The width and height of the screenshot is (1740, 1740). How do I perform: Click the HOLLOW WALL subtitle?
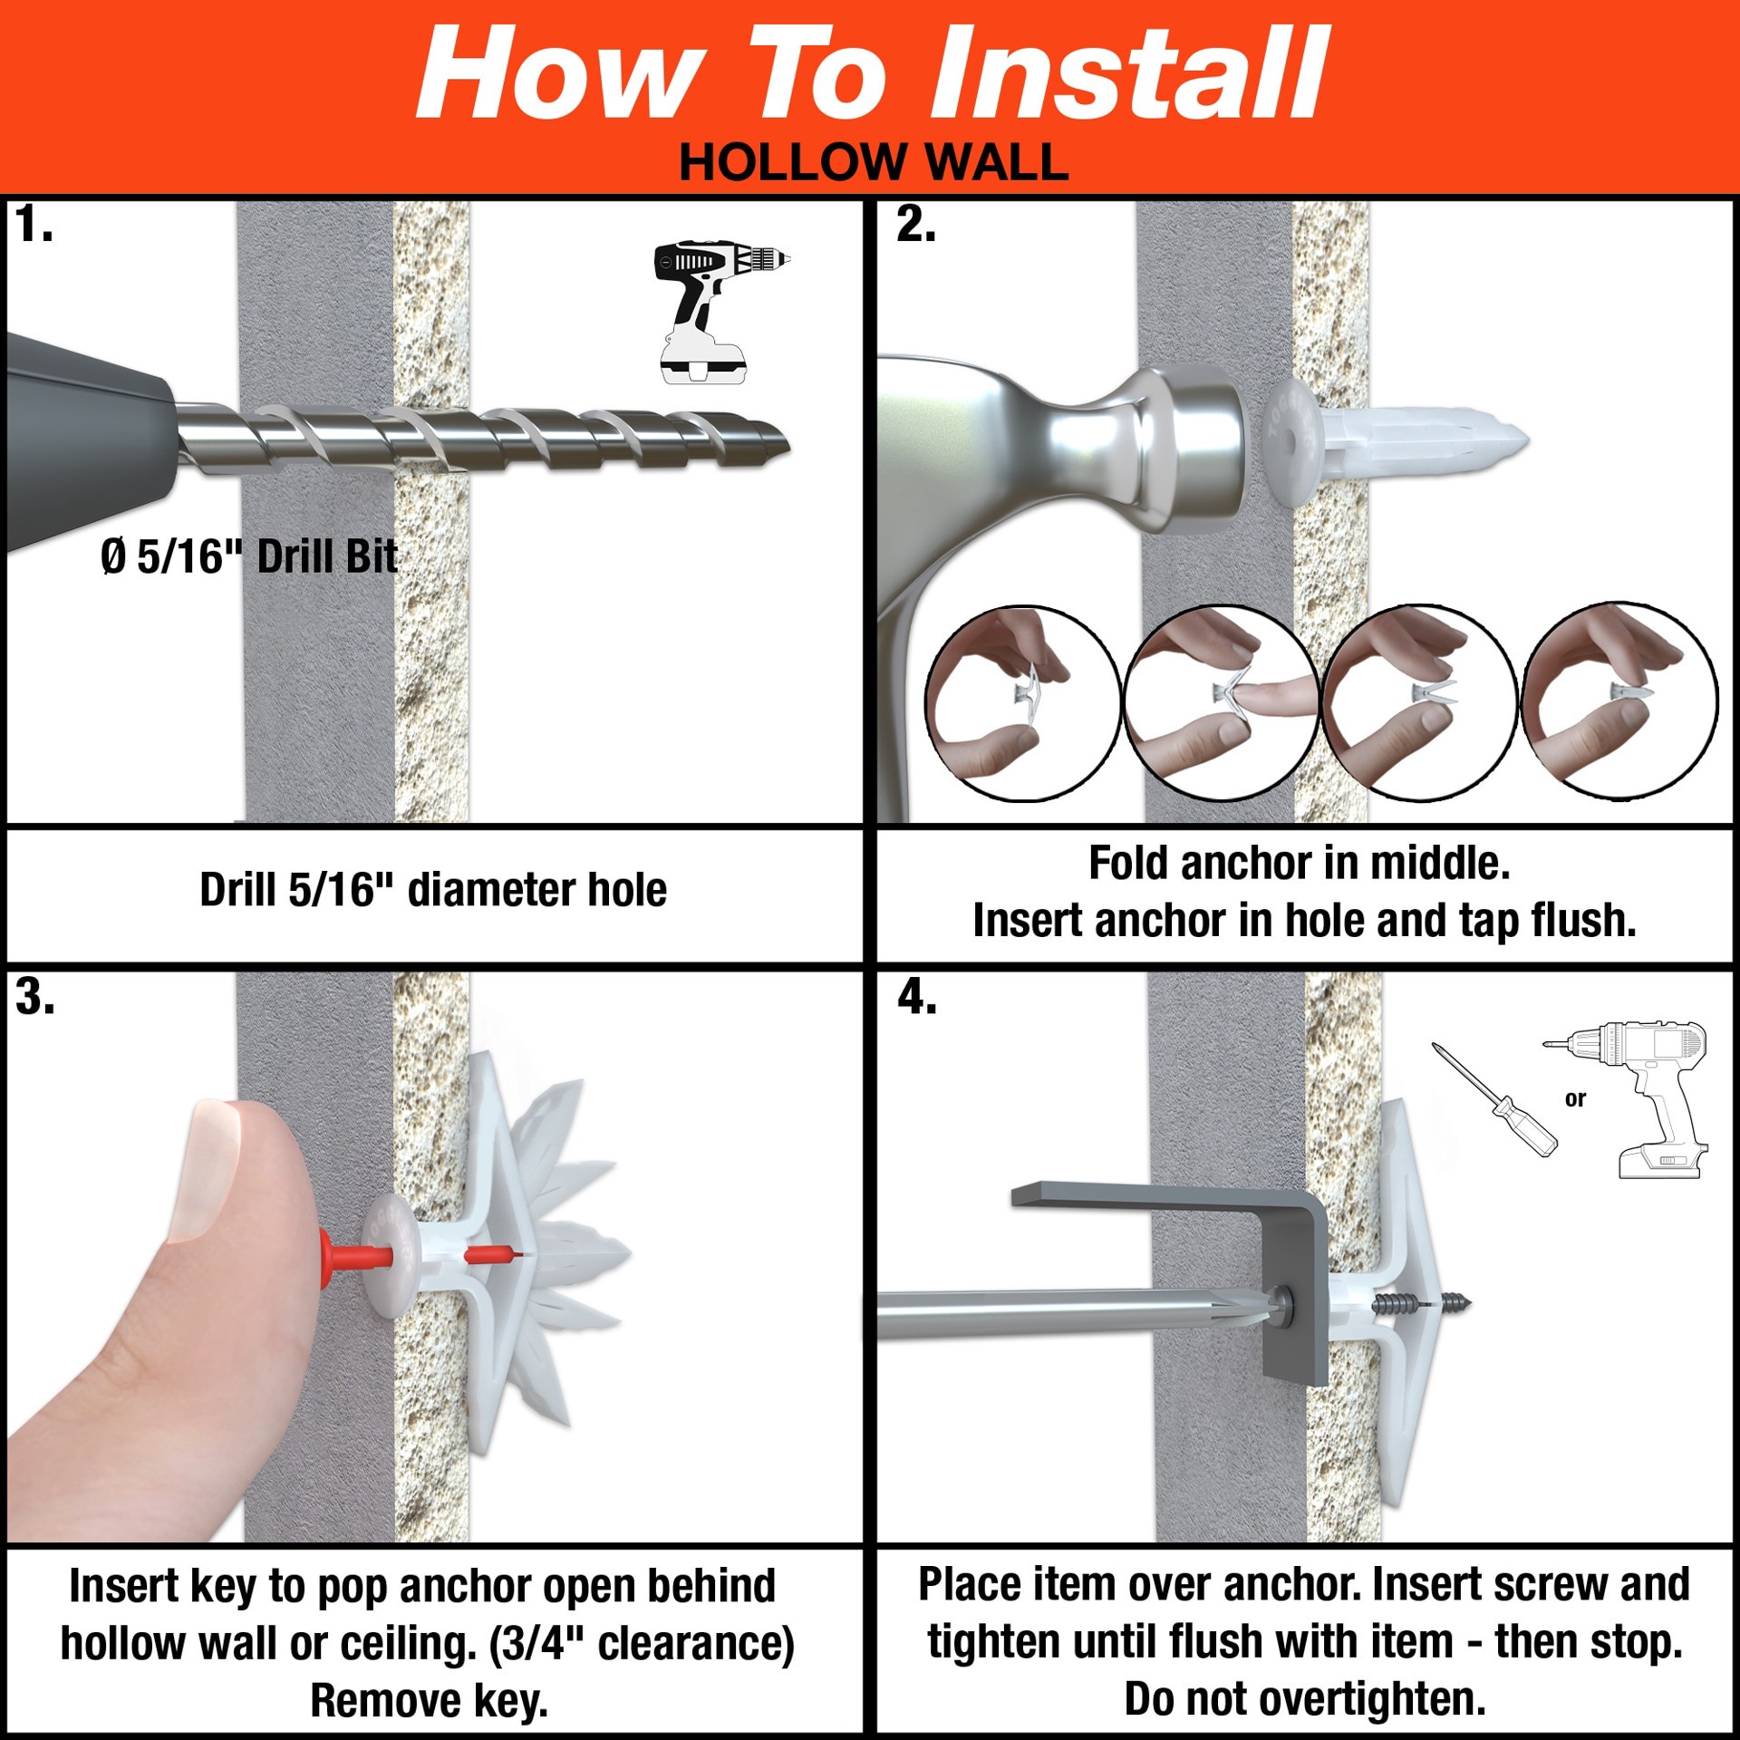pyautogui.click(x=874, y=163)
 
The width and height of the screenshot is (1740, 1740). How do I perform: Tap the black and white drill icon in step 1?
pyautogui.click(x=720, y=311)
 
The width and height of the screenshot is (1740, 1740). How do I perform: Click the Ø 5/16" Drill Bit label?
pyautogui.click(x=249, y=556)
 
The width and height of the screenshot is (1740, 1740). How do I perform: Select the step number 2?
pyautogui.click(x=915, y=225)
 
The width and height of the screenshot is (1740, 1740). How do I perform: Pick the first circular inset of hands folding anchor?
pyautogui.click(x=1021, y=704)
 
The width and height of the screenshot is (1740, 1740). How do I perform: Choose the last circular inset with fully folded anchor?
pyautogui.click(x=1619, y=701)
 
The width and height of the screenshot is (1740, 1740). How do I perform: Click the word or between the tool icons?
pyautogui.click(x=1575, y=1099)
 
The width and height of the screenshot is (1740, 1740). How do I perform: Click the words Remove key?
pyautogui.click(x=429, y=1700)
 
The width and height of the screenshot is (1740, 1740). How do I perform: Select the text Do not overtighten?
pyautogui.click(x=1304, y=1698)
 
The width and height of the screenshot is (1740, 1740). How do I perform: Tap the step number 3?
pyautogui.click(x=34, y=998)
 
